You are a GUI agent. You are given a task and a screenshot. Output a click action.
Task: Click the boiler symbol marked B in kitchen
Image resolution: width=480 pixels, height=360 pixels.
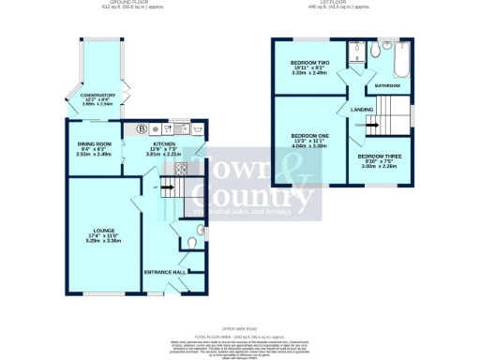(142, 127)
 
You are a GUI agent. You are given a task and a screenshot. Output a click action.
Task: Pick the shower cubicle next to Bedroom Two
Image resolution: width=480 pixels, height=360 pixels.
(357, 52)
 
